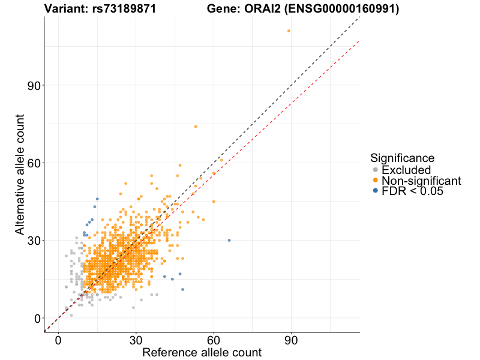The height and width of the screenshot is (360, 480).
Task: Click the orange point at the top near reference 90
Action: (x=289, y=31)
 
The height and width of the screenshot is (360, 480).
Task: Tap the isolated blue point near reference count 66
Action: (x=229, y=240)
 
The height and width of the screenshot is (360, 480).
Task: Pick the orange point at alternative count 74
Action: (x=195, y=127)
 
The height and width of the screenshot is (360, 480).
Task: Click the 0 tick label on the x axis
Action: (x=58, y=340)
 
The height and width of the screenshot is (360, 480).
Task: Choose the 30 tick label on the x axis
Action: (x=136, y=340)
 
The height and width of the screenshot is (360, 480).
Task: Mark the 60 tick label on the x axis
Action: (x=214, y=340)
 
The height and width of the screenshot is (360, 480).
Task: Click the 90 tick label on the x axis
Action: (x=292, y=340)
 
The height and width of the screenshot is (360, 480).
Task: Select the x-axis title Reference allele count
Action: (x=202, y=352)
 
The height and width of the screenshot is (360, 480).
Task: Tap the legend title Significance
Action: (x=402, y=158)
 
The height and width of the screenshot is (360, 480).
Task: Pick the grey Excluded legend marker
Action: (x=376, y=170)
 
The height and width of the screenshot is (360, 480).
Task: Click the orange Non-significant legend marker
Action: (x=376, y=181)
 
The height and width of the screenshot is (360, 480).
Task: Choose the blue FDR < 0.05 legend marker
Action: (x=376, y=191)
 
